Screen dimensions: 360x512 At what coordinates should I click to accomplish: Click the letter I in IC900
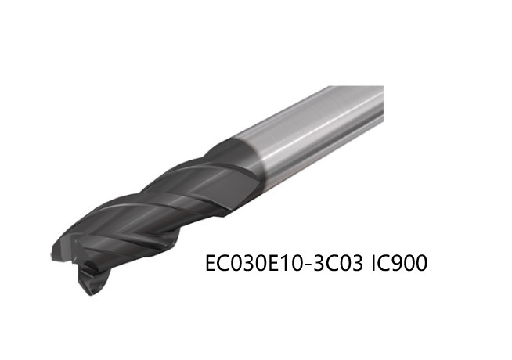pyautogui.click(x=373, y=265)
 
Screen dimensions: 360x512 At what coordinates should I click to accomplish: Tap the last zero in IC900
pyautogui.click(x=420, y=265)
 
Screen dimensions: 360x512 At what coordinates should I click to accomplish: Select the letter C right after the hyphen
pyautogui.click(x=331, y=265)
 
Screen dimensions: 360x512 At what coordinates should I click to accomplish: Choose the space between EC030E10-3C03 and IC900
pyautogui.click(x=365, y=265)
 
